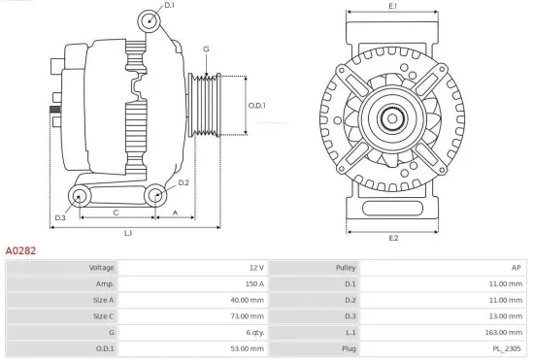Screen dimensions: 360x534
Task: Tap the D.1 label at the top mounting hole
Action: tap(170, 6)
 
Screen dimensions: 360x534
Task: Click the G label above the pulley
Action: tap(206, 49)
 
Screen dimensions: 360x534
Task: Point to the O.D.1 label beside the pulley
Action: tap(256, 105)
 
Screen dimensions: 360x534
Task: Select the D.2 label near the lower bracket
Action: tap(183, 182)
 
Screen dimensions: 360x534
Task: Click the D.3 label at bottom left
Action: tap(60, 217)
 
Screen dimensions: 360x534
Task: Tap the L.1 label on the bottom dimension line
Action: tap(128, 234)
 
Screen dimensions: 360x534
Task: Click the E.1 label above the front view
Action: tap(392, 8)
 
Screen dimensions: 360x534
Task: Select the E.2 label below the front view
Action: tap(392, 238)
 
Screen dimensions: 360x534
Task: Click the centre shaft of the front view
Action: tap(392, 119)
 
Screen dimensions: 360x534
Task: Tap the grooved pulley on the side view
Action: tap(205, 104)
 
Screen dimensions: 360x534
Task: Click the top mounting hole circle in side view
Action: tap(150, 21)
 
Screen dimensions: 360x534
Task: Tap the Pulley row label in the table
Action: tap(346, 267)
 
